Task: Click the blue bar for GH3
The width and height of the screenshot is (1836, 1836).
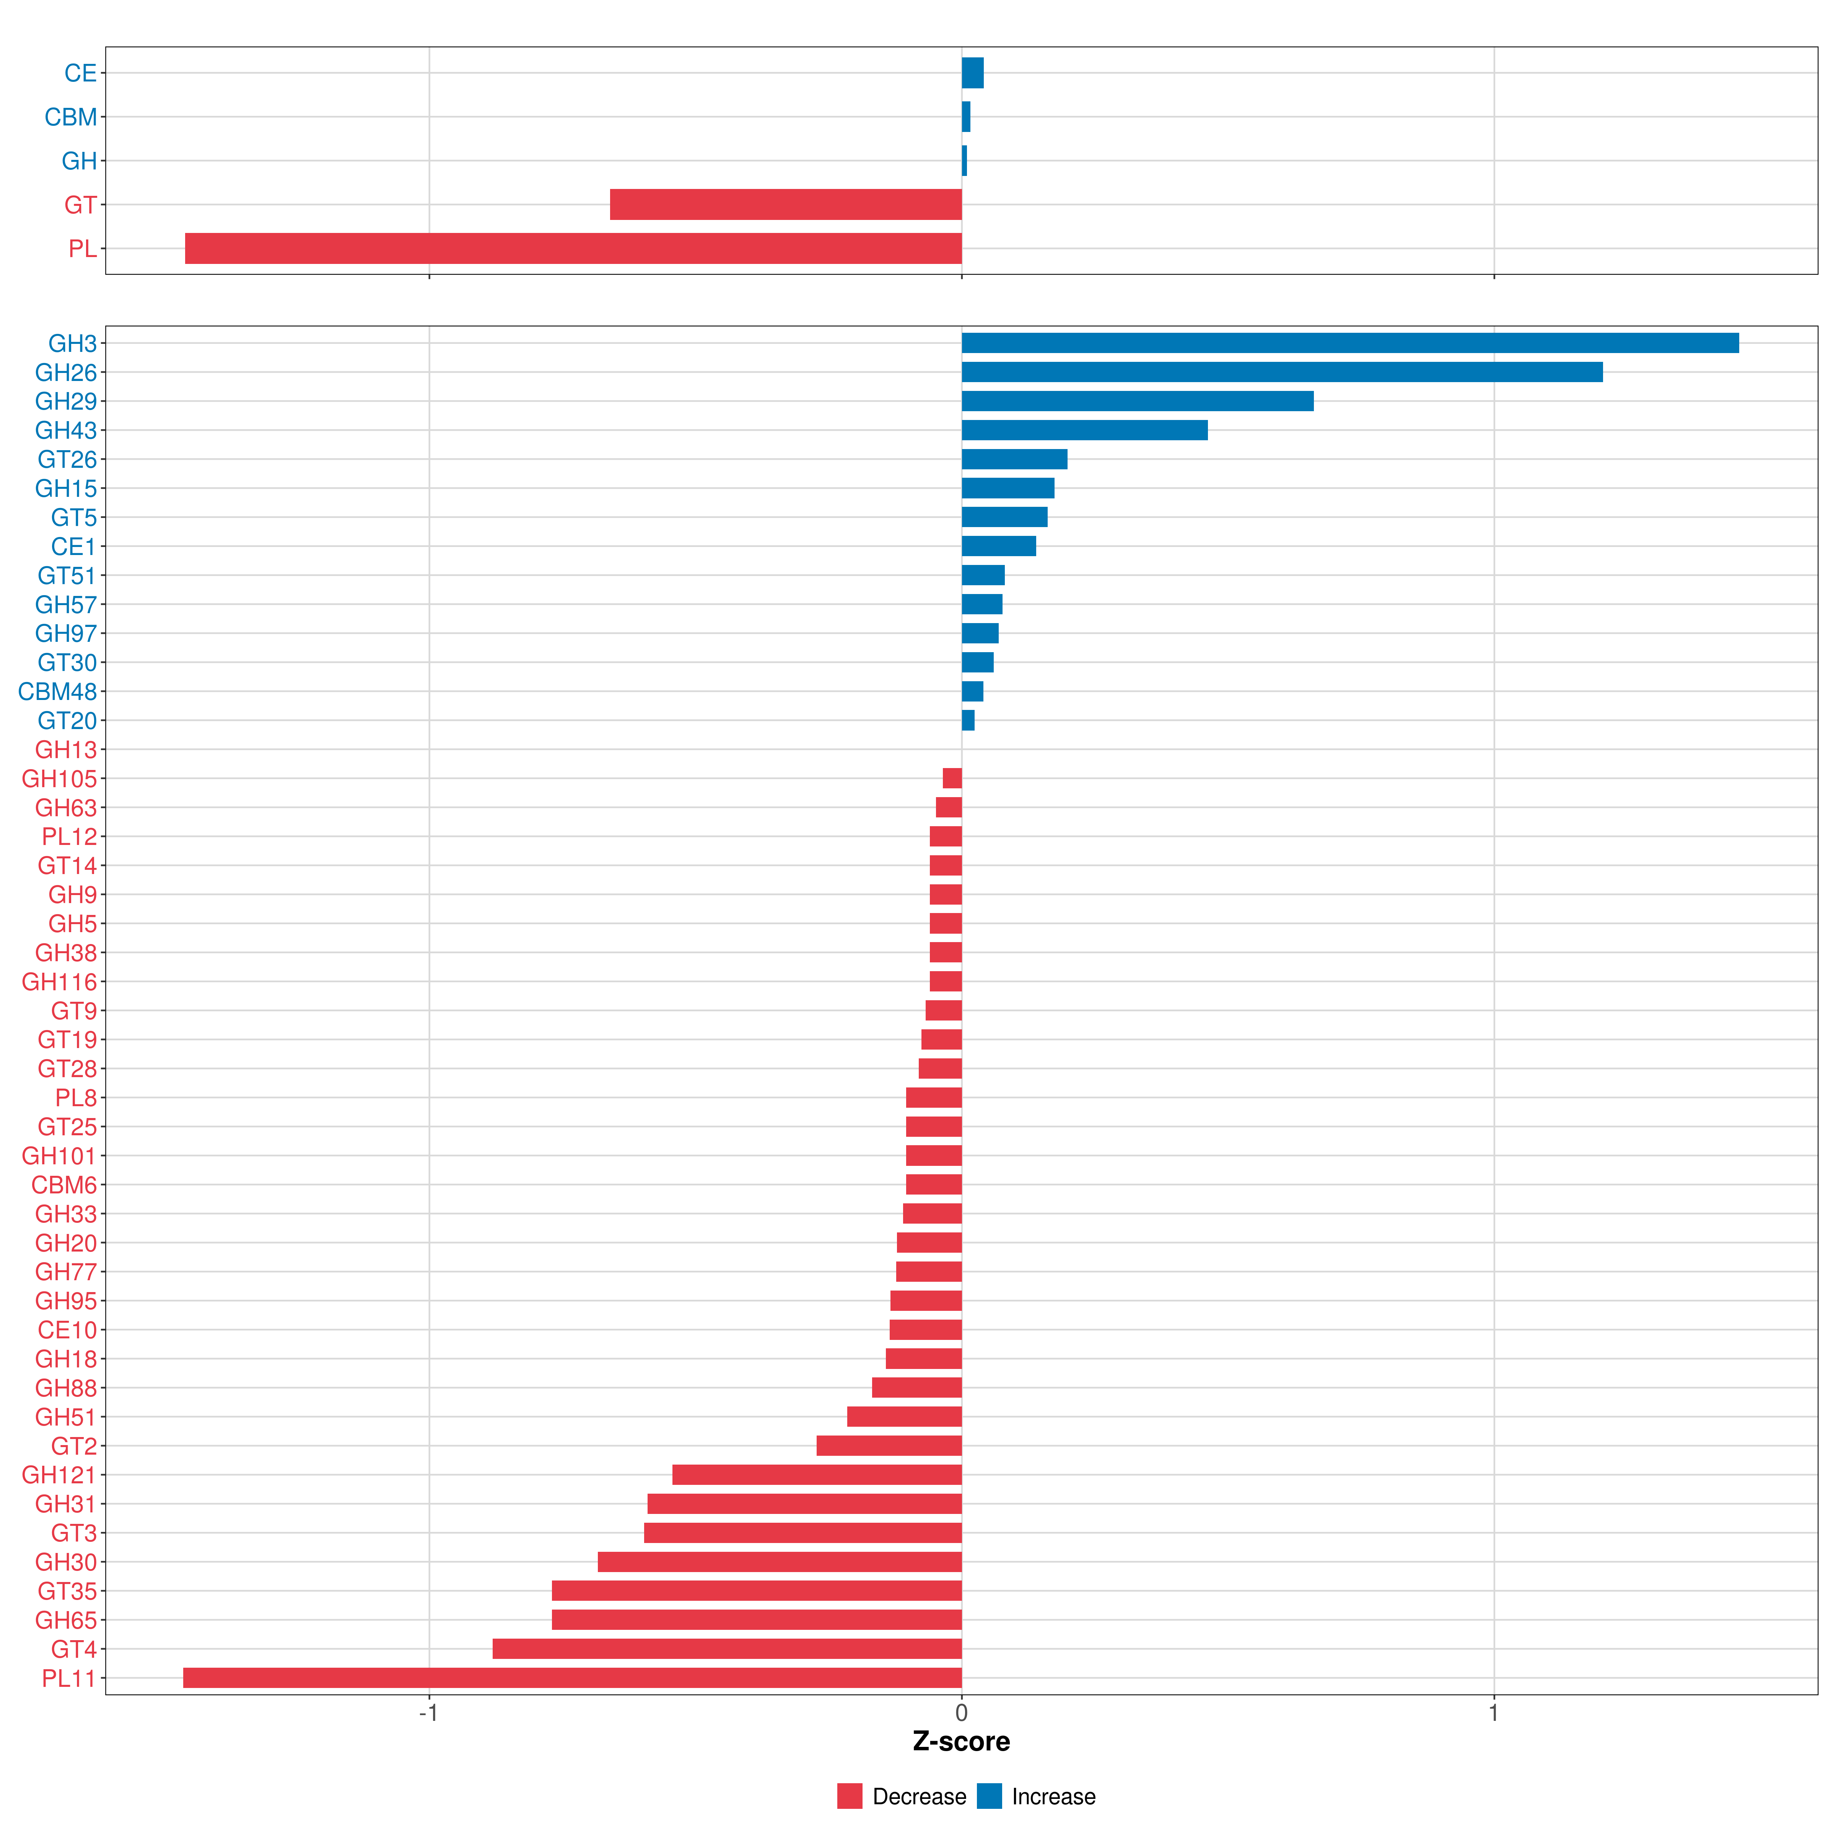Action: click(x=1349, y=343)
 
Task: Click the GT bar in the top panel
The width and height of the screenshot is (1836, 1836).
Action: click(x=786, y=204)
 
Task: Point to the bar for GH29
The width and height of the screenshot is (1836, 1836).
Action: click(x=1138, y=401)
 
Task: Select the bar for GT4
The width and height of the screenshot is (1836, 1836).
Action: click(x=727, y=1649)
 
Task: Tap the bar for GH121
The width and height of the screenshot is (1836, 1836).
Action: click(x=817, y=1475)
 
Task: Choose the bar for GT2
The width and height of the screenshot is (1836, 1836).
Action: click(x=889, y=1445)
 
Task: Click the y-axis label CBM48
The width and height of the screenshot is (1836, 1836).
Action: click(x=57, y=692)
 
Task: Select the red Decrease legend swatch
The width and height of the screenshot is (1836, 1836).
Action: click(x=850, y=1796)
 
